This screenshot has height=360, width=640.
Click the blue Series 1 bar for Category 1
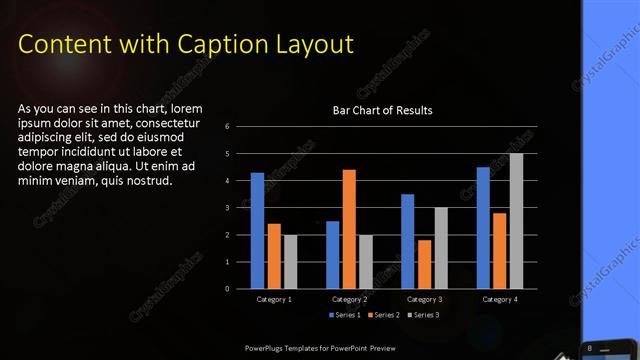[257, 231]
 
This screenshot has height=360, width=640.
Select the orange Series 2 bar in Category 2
[349, 229]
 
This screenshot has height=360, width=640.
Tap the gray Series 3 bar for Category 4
[516, 221]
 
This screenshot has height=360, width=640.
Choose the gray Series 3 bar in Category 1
[290, 262]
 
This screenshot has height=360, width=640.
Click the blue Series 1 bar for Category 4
[483, 228]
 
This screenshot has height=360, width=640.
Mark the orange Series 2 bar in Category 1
[274, 256]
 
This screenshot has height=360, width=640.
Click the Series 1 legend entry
[345, 315]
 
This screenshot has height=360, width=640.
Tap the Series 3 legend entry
[425, 315]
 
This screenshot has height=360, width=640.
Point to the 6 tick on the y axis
[228, 127]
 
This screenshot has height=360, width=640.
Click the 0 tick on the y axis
[228, 289]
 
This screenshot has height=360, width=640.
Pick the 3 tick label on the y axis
[228, 208]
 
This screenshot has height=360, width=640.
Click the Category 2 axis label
[349, 299]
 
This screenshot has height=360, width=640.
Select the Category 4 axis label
[499, 299]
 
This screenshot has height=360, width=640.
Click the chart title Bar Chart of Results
[383, 110]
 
